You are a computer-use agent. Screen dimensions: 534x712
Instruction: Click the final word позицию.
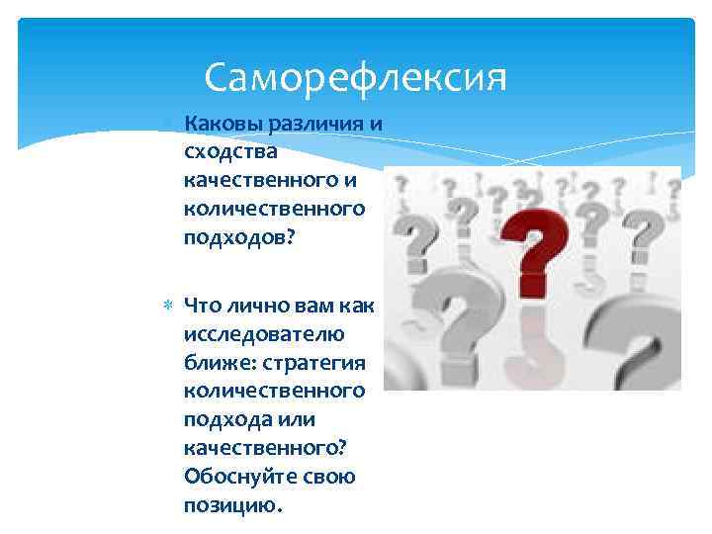tap(232, 506)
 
